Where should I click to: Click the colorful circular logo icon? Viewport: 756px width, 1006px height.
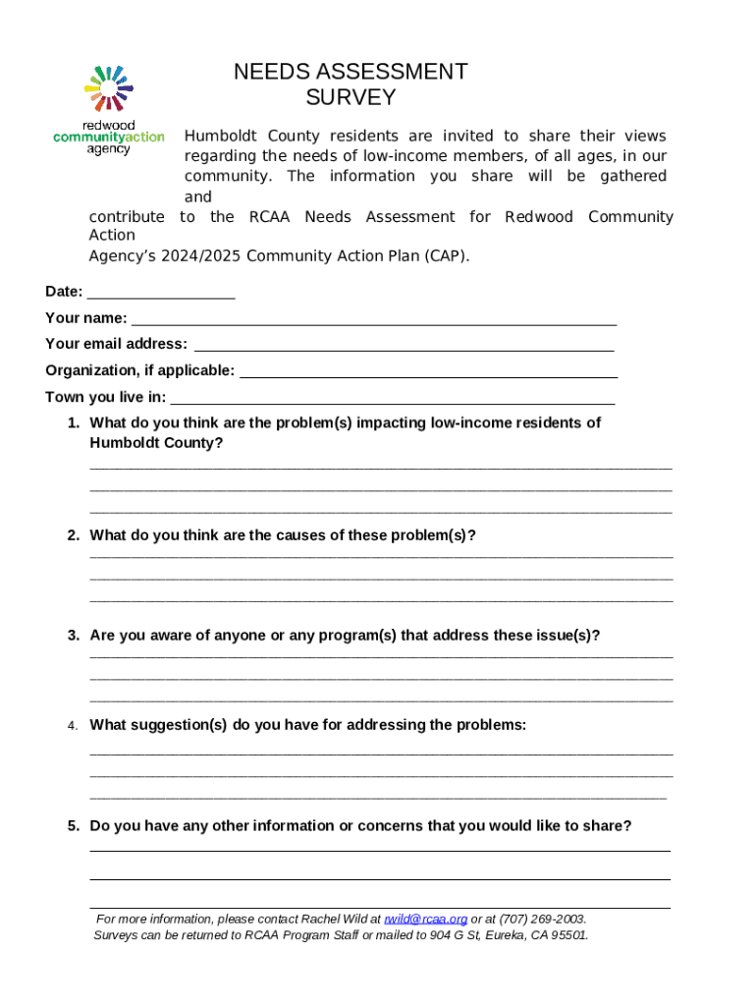pos(109,88)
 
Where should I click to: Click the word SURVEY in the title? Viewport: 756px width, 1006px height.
pos(351,97)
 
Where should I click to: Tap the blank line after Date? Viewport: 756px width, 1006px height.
pos(161,292)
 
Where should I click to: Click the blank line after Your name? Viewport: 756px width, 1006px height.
pos(374,318)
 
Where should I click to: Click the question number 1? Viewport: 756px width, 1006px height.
pos(74,422)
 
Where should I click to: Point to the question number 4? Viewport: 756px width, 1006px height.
pos(73,726)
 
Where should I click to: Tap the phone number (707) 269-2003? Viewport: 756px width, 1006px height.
pos(542,920)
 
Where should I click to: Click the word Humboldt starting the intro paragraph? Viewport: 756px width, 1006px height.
pos(217,136)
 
